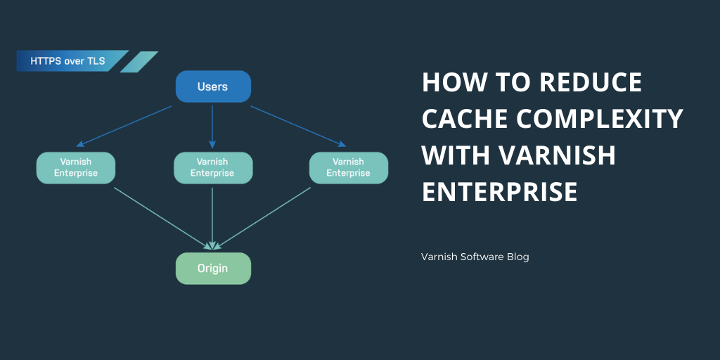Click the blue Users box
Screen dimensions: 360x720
pos(212,87)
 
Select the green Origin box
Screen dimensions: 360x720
pos(212,269)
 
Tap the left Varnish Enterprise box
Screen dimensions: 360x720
pos(75,168)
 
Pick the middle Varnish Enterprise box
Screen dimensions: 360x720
pos(212,168)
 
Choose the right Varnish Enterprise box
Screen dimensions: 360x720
pos(348,168)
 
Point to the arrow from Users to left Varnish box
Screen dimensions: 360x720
pos(124,127)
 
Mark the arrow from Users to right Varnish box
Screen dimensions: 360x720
pos(299,127)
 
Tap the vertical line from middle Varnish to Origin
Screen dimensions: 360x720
pos(212,214)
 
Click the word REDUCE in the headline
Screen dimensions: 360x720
pos(591,83)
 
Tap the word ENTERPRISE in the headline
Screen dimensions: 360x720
pos(499,191)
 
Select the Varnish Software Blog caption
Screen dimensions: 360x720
pos(475,257)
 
